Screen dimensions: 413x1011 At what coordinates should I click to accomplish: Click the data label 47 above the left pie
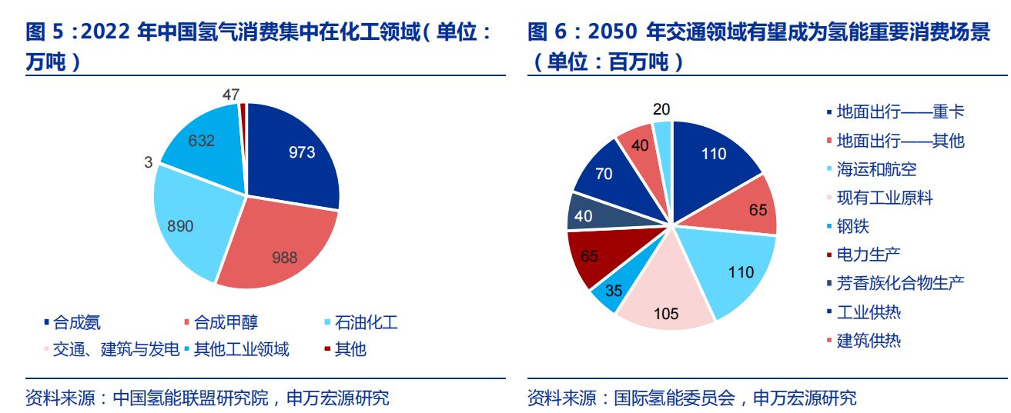[x=231, y=95]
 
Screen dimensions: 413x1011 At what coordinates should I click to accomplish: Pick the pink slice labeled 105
[x=666, y=308]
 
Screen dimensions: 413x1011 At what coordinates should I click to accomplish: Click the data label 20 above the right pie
[x=661, y=109]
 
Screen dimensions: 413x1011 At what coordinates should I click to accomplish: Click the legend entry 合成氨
[x=77, y=323]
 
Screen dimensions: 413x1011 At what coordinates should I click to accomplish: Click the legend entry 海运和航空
[x=877, y=169]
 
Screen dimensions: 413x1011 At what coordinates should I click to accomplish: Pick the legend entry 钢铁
[x=852, y=226]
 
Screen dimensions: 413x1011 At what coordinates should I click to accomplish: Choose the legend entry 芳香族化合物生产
[x=900, y=283]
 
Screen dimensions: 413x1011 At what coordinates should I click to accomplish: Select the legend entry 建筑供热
[x=869, y=340]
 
